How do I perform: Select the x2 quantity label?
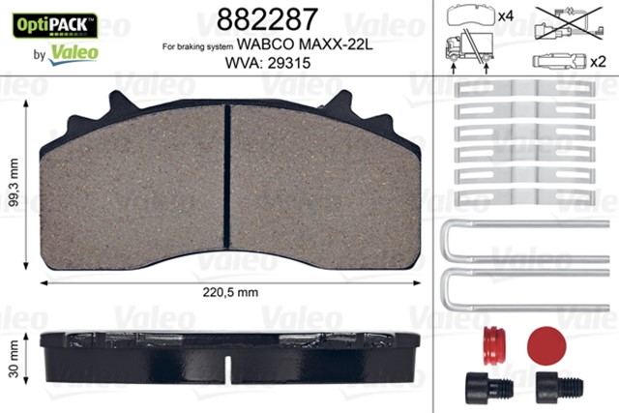(x=598, y=62)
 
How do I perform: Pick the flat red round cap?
(x=547, y=342)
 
